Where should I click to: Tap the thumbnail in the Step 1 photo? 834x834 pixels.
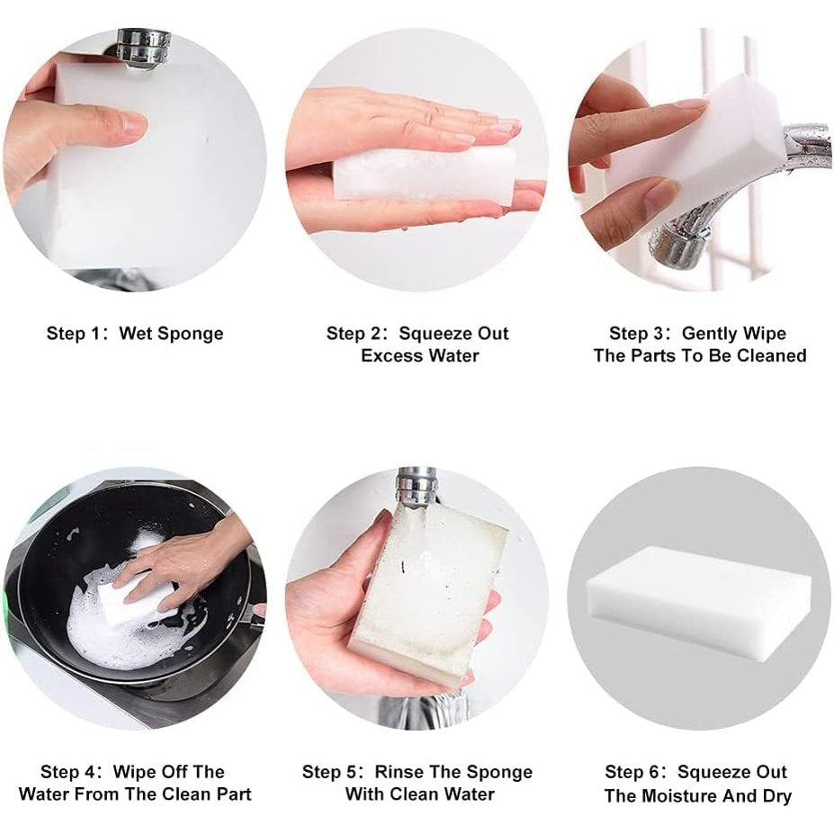(132, 122)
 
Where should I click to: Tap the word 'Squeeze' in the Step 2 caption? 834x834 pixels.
(430, 334)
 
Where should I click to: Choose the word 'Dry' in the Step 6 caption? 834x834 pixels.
(775, 795)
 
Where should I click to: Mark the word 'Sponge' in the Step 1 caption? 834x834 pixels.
(191, 334)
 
